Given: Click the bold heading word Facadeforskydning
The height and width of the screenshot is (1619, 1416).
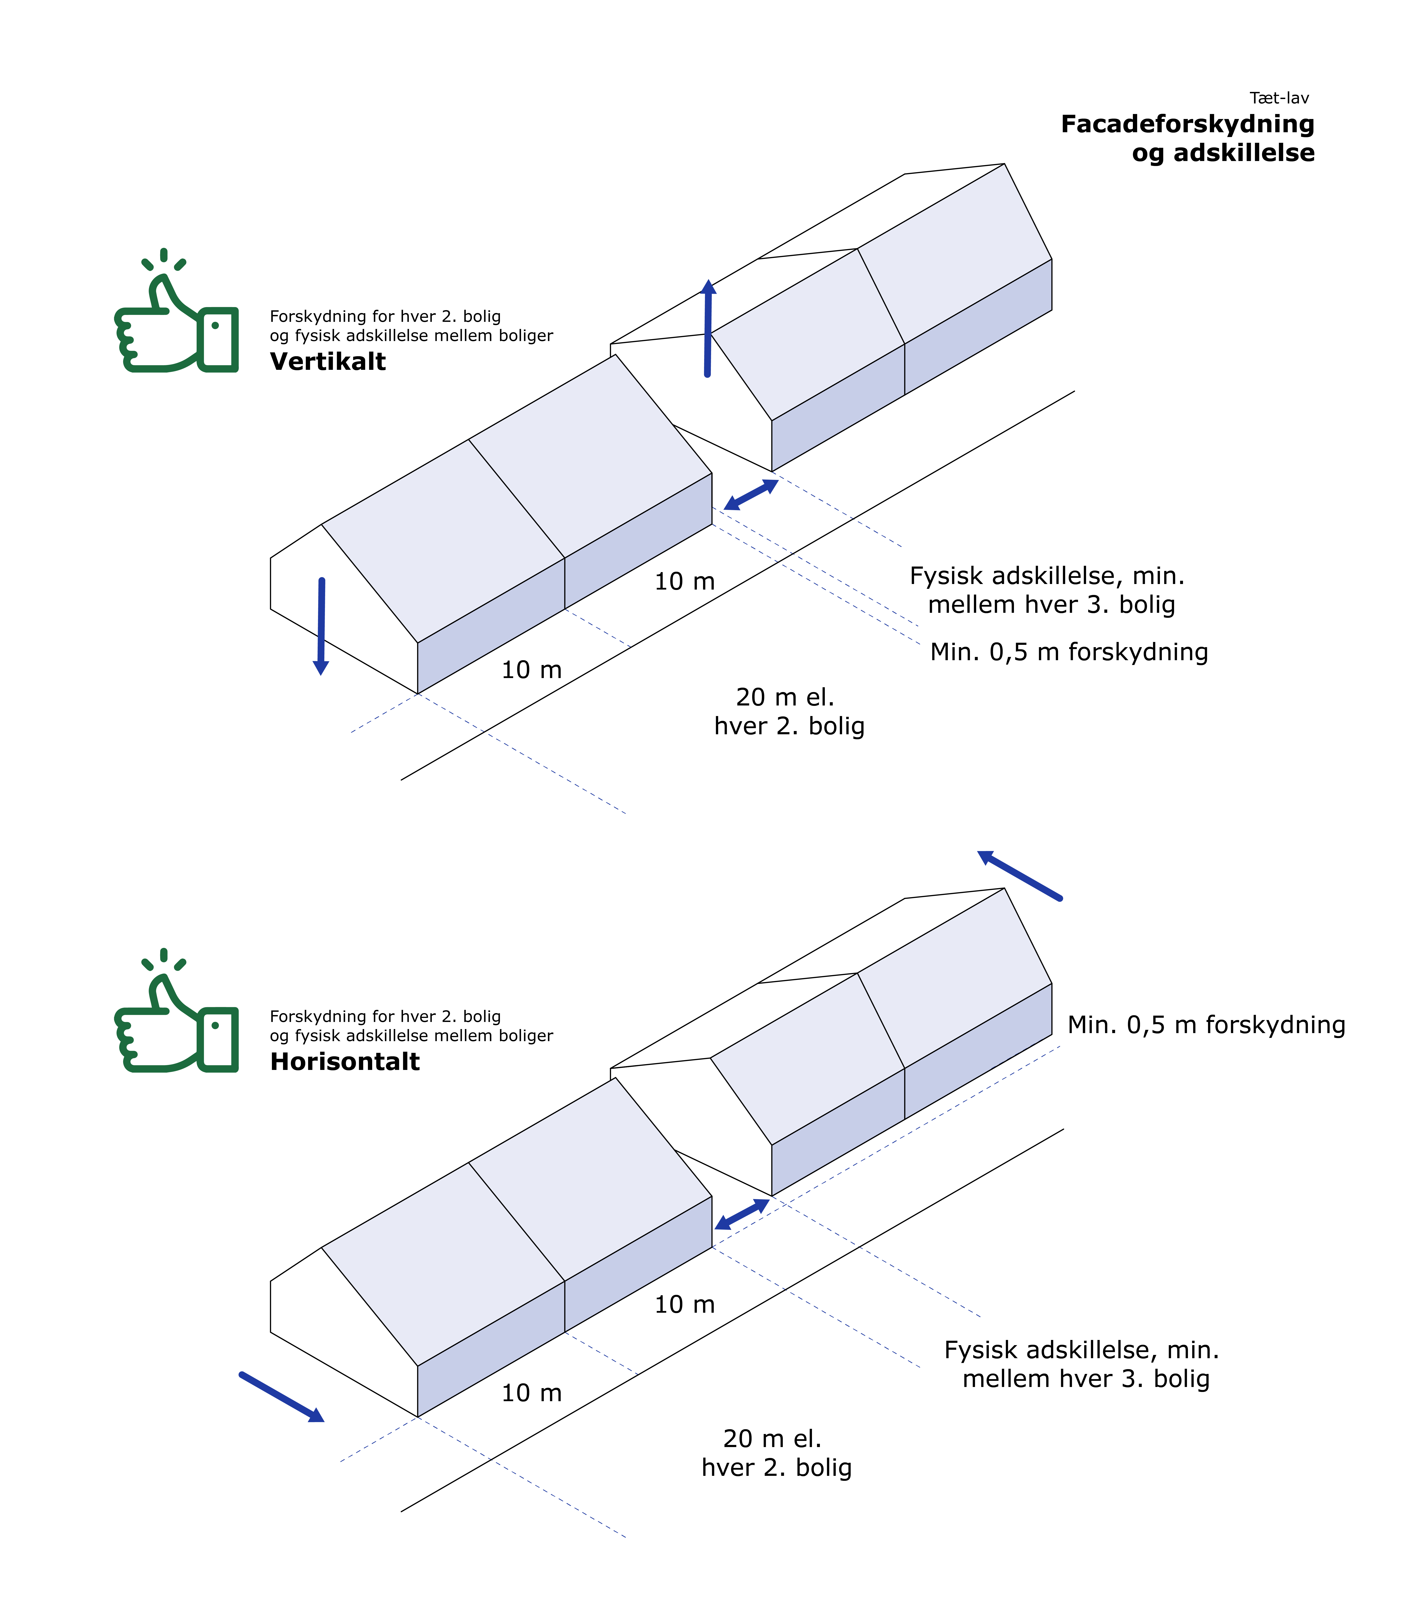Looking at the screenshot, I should [1187, 124].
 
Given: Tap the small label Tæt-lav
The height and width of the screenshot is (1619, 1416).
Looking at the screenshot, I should [1278, 98].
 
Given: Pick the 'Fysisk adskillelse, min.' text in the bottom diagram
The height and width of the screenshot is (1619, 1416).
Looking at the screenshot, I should [1081, 1349].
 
